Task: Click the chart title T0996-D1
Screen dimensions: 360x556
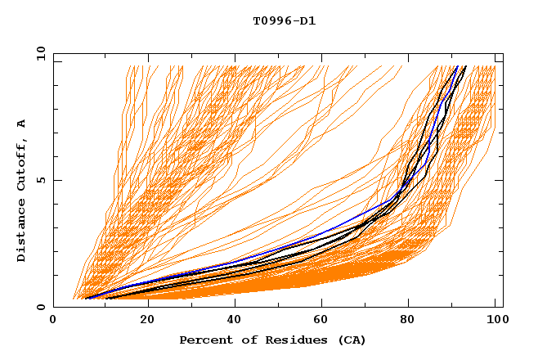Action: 284,20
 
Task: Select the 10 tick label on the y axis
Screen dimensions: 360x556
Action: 39,53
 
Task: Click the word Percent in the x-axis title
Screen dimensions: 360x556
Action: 204,340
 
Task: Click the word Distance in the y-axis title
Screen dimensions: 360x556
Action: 21,232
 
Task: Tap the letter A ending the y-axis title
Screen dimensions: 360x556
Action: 21,124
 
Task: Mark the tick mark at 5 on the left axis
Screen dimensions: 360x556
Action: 56,180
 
